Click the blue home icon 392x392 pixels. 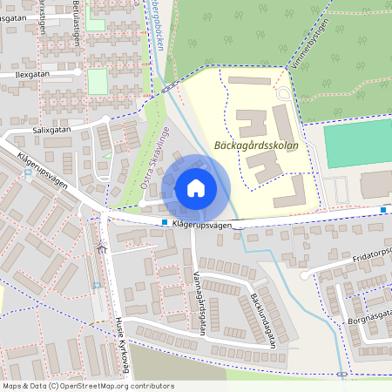(196, 187)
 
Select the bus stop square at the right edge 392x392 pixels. (383, 209)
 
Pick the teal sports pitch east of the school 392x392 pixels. (357, 144)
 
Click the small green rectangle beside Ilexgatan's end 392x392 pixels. (97, 81)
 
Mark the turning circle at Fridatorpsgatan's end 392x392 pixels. (304, 275)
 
